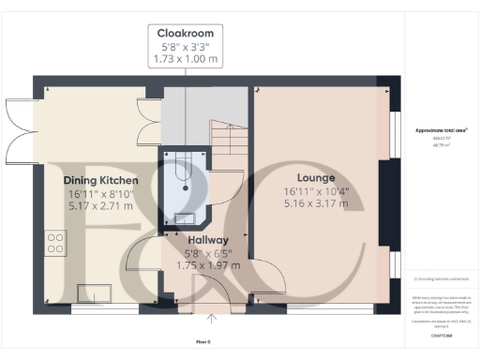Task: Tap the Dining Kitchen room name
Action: [x=101, y=180]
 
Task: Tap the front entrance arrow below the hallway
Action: [x=211, y=318]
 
